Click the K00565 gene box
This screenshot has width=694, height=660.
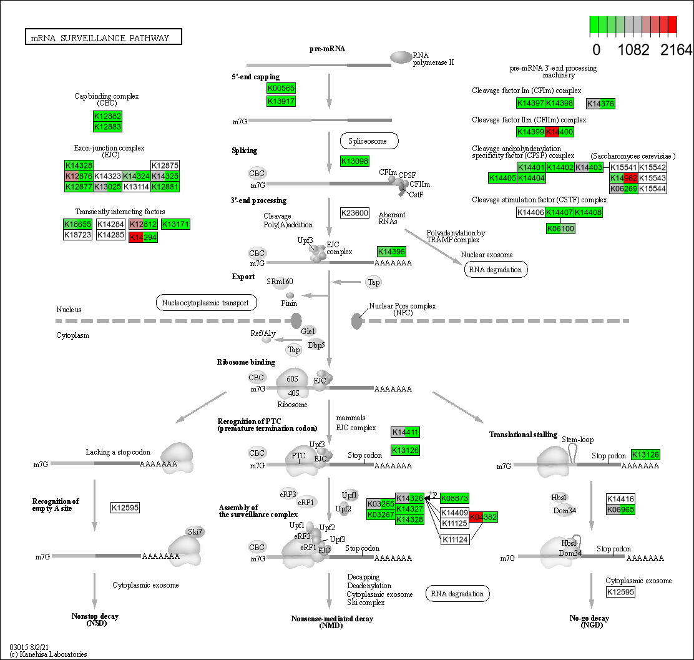point(281,88)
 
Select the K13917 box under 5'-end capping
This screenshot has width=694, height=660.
point(281,101)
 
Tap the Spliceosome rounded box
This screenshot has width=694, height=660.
point(369,141)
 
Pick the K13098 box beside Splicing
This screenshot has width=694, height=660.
point(354,161)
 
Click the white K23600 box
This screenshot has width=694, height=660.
point(354,213)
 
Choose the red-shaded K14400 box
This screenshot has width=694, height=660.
point(559,132)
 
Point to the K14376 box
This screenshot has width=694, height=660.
point(601,104)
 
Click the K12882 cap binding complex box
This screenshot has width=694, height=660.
point(107,116)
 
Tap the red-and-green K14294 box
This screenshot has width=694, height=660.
point(143,237)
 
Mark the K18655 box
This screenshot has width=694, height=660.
point(77,224)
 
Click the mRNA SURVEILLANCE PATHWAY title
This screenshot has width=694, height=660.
point(103,37)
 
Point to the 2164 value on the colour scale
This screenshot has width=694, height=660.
point(676,49)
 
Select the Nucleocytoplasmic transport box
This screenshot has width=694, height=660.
point(206,303)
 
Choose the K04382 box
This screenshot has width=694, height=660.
point(484,517)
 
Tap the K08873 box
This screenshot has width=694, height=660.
point(454,498)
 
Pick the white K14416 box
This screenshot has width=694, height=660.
point(621,499)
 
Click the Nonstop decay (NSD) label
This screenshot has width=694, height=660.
point(95,620)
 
